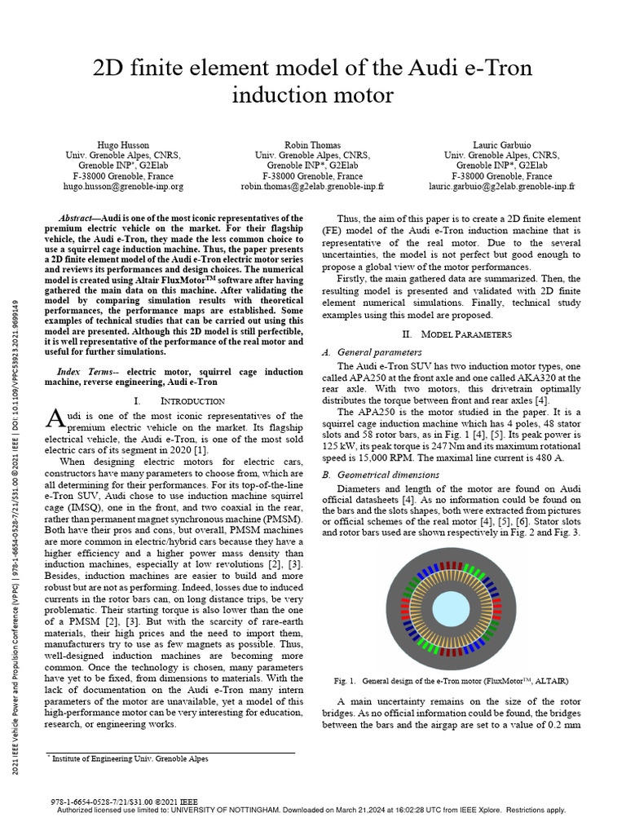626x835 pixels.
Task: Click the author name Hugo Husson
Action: click(123, 144)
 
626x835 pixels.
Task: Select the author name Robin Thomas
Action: click(313, 144)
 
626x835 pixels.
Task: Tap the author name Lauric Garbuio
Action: click(502, 144)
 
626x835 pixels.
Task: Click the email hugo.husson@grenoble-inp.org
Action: click(123, 186)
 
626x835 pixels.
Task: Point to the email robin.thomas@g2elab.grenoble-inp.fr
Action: click(313, 186)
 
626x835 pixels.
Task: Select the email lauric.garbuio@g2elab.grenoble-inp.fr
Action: click(502, 186)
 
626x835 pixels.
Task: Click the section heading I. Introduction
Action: click(179, 401)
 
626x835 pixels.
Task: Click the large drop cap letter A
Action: click(54, 418)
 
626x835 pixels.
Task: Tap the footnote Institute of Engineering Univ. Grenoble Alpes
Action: click(130, 758)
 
